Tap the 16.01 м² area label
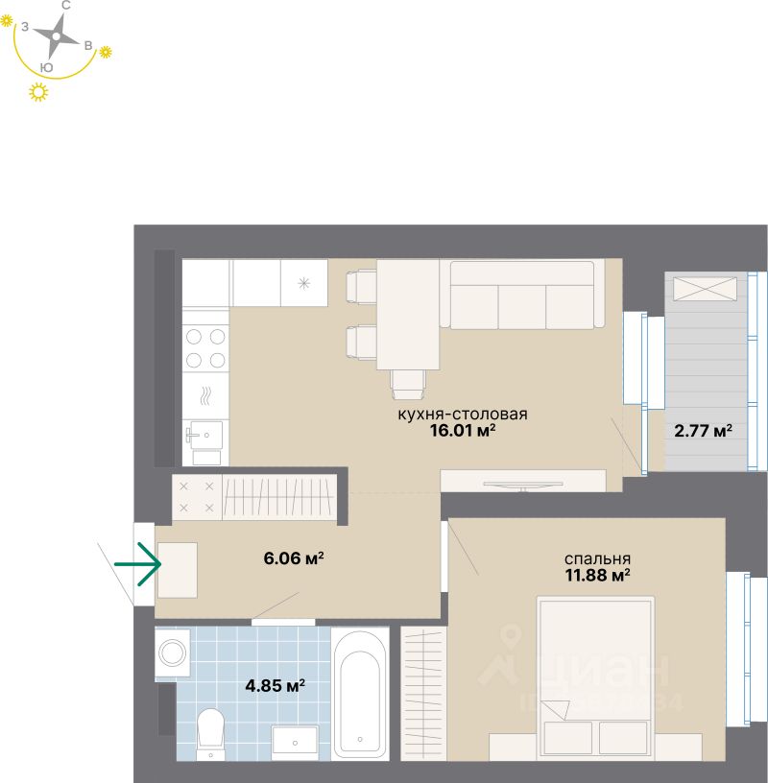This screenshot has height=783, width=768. pos(464,432)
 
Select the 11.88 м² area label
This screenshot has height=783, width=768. pos(598,576)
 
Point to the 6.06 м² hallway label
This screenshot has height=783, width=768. pos(293,558)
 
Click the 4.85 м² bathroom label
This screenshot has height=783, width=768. pos(276,686)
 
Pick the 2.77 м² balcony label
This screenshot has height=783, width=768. pos(703,431)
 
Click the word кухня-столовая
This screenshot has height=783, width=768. pos(464,415)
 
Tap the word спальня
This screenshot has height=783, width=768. pos(597,558)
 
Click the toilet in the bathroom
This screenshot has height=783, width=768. pos(209,731)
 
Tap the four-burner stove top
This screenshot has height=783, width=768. pos(205,348)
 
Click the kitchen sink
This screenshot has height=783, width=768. pos(204,437)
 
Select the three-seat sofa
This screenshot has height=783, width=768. pos(522,296)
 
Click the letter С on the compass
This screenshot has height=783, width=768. pos(65,6)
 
